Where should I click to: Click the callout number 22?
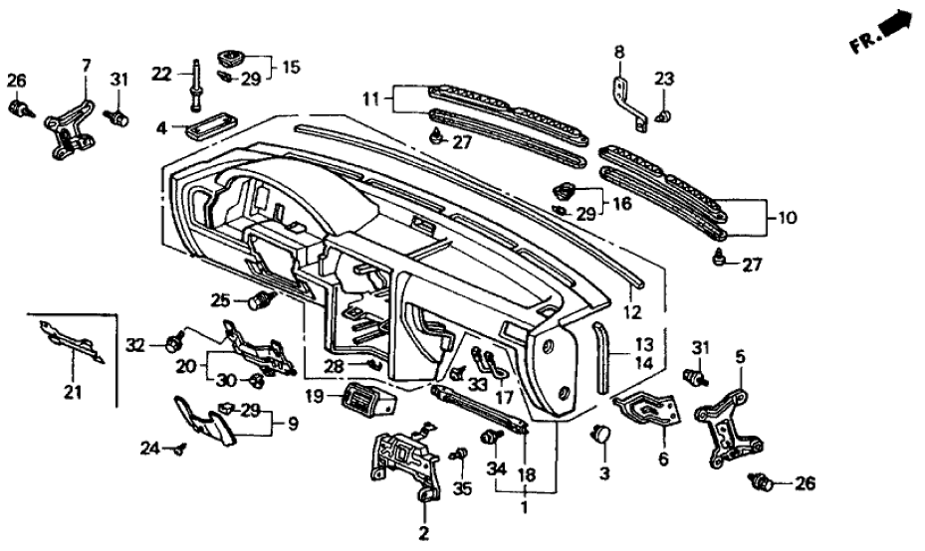161,72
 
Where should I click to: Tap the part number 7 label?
86,66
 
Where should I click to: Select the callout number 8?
618,51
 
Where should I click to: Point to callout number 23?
664,79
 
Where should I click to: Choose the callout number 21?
71,393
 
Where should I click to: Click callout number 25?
221,299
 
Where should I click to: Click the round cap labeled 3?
602,433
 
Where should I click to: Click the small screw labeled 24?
179,450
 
